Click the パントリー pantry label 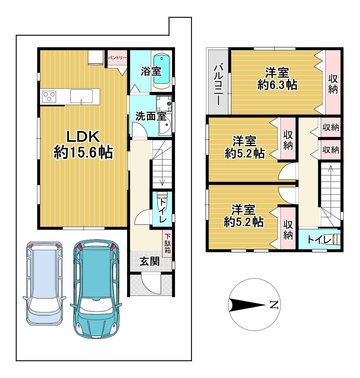tap(117, 58)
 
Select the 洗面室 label tap(151, 116)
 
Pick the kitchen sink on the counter tap(81, 96)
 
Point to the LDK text tap(83, 137)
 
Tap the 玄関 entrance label tap(150, 261)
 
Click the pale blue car tap(45, 283)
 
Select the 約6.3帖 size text tap(277, 85)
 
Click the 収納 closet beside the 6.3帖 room tap(333, 82)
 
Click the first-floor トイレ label tap(163, 211)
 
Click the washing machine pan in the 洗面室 tap(164, 104)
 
